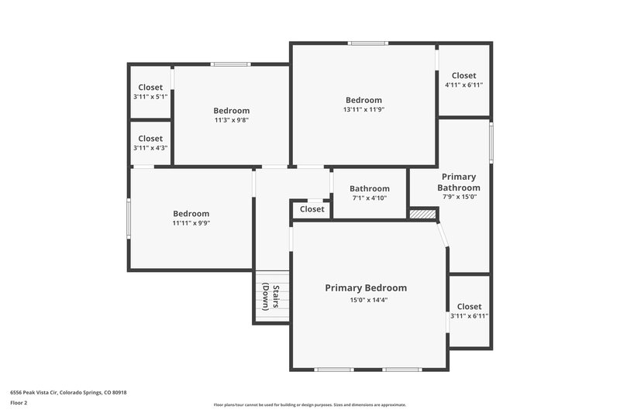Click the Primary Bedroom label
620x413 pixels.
[x=366, y=287]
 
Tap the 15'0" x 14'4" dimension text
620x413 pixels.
[x=366, y=300]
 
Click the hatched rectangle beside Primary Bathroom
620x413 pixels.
[x=423, y=213]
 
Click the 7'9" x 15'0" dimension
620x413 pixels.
[x=459, y=197]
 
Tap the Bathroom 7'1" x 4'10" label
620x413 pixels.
[x=369, y=188]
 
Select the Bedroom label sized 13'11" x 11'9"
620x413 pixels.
[x=363, y=100]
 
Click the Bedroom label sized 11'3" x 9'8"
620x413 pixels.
[x=232, y=110]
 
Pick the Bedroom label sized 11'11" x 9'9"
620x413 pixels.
[x=191, y=214]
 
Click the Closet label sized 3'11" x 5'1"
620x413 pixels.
[x=150, y=88]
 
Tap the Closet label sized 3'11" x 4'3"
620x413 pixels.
[x=150, y=139]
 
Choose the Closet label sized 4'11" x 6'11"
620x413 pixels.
[x=464, y=75]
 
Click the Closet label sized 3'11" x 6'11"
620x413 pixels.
[x=469, y=307]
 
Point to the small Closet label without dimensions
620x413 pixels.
[x=312, y=209]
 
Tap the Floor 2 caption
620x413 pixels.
[x=19, y=403]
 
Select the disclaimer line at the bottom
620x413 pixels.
[x=309, y=404]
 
